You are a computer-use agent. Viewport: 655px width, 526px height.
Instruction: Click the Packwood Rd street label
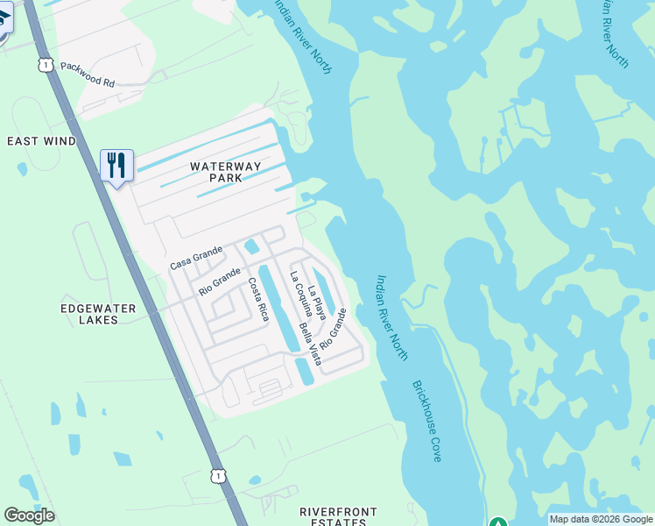(88, 82)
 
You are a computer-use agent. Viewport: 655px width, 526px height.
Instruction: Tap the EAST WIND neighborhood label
(41, 141)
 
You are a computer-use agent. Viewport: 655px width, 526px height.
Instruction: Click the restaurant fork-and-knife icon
(116, 165)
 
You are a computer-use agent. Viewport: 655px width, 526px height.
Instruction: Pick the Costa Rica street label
(257, 300)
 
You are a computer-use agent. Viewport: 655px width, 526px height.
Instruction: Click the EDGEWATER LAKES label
(98, 314)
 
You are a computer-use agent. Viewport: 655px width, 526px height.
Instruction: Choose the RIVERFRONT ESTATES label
(338, 516)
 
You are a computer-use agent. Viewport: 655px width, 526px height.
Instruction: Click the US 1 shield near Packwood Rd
(46, 65)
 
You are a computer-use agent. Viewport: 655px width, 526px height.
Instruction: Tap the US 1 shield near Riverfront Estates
(218, 475)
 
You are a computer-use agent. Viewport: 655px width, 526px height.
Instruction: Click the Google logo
(29, 515)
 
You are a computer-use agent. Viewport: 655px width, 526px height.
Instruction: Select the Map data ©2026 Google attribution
(601, 519)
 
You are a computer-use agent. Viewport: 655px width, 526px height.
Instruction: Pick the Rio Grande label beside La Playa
(334, 330)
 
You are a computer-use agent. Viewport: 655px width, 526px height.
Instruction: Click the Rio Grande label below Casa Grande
(219, 281)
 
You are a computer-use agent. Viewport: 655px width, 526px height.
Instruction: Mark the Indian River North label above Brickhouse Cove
(391, 312)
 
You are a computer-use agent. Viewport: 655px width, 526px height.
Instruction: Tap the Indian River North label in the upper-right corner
(614, 32)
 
